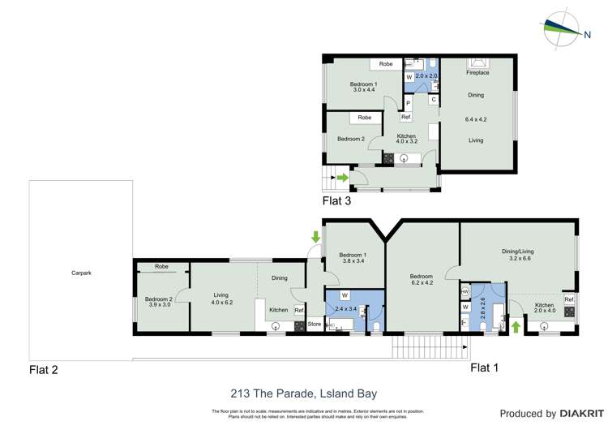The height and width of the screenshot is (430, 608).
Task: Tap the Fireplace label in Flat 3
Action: [477, 73]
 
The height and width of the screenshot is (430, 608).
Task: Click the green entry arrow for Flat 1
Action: [516, 327]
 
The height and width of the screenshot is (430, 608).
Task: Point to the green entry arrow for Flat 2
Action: [315, 237]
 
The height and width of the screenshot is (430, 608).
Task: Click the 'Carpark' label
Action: [80, 273]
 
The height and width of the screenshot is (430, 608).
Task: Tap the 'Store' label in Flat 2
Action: [315, 325]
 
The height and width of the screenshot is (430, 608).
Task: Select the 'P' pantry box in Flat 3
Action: [408, 104]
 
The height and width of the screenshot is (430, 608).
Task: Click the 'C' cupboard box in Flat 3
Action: [433, 99]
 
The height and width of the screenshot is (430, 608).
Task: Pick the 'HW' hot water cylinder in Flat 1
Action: [465, 291]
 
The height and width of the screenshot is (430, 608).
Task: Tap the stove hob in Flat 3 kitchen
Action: [389, 160]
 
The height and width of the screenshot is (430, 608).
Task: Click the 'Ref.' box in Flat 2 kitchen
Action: [298, 310]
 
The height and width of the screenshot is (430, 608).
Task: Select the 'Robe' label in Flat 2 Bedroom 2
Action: [161, 266]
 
